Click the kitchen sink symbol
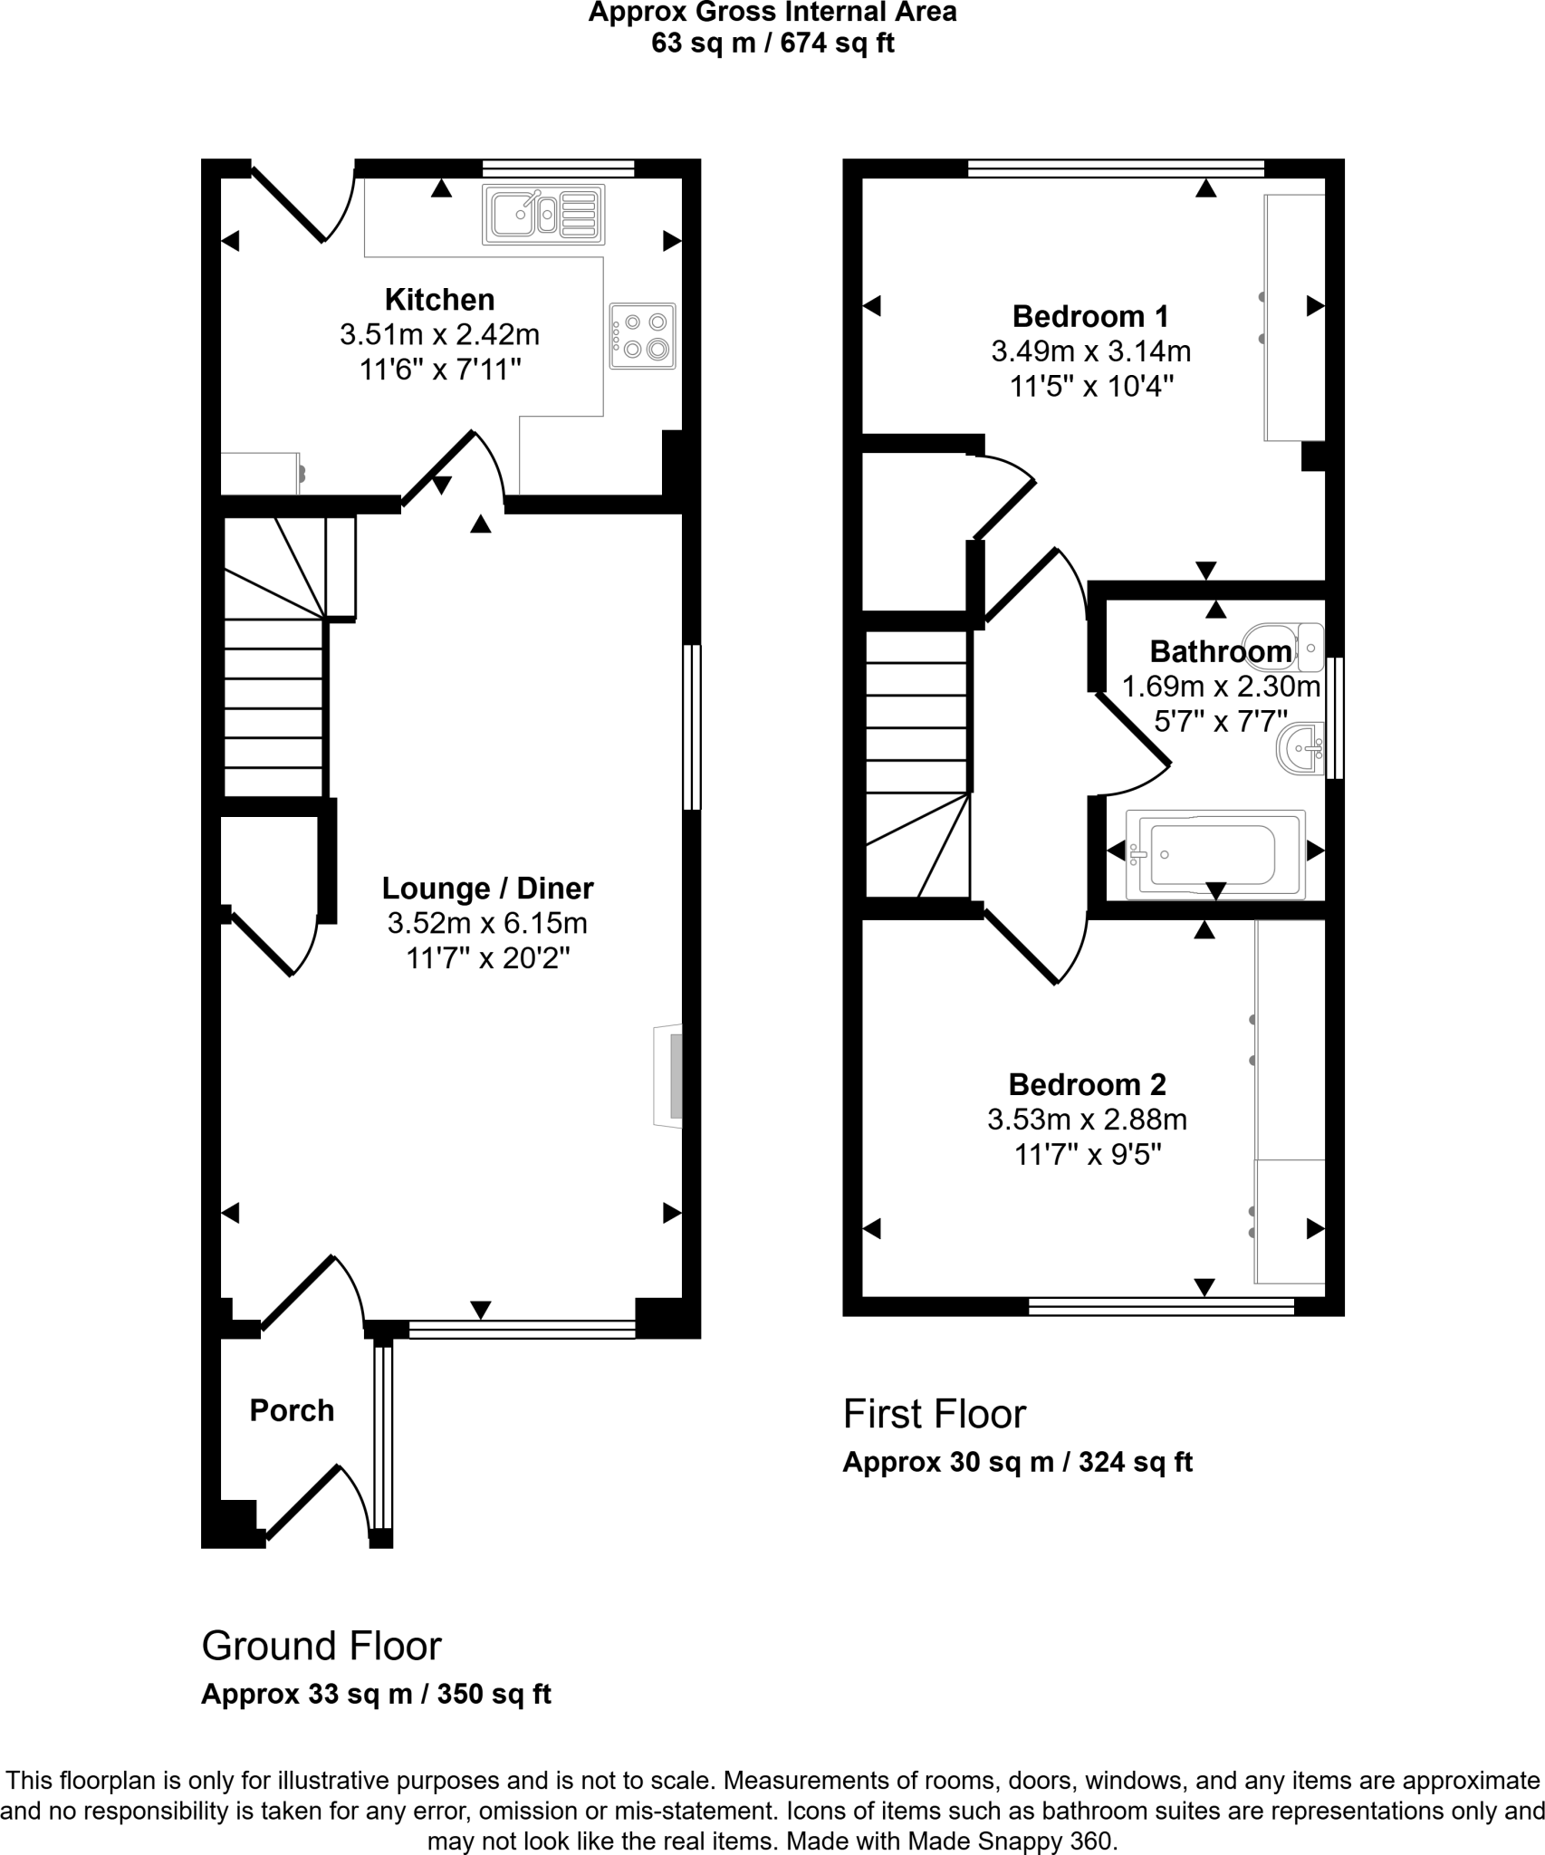tap(543, 215)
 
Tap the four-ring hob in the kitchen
tap(642, 335)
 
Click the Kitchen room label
tap(439, 300)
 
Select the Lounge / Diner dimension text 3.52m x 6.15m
tap(487, 923)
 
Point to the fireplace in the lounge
tap(669, 1075)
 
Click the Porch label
tap(292, 1410)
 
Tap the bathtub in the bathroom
tap(1214, 854)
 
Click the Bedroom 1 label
tap(1089, 316)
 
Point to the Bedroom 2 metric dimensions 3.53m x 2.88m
tap(1087, 1120)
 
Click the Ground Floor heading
tap(321, 1646)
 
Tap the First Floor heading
tap(934, 1414)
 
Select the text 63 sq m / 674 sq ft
tap(772, 43)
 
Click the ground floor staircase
tap(273, 670)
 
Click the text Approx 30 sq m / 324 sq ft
tap(1017, 1463)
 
